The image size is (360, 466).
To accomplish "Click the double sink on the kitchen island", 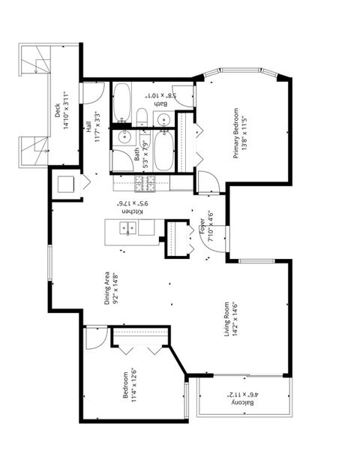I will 129,229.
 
